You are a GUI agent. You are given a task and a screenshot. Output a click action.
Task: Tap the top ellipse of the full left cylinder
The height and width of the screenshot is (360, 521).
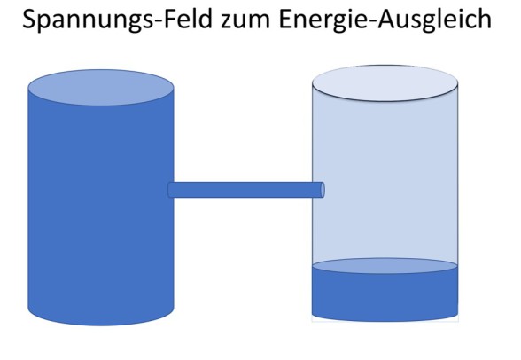tap(100, 86)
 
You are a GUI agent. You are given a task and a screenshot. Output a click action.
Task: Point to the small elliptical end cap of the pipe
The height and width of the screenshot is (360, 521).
tap(322, 190)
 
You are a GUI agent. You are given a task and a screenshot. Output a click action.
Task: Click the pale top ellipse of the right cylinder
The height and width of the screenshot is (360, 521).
tap(385, 82)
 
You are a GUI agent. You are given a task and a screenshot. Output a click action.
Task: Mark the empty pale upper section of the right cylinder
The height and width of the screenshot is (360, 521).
tap(385, 177)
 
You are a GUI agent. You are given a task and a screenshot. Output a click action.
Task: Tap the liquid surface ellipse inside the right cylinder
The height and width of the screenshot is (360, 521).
tap(385, 266)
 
